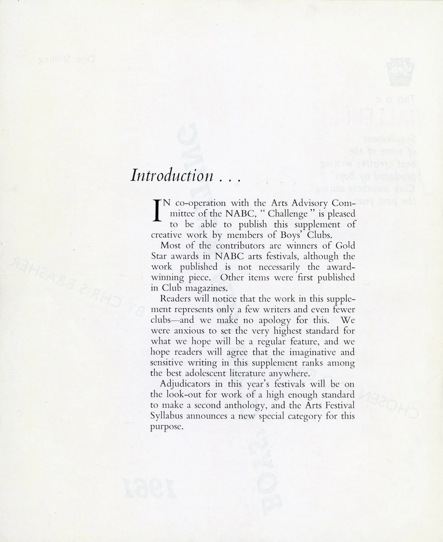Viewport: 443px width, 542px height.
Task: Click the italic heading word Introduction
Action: pyautogui.click(x=172, y=176)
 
